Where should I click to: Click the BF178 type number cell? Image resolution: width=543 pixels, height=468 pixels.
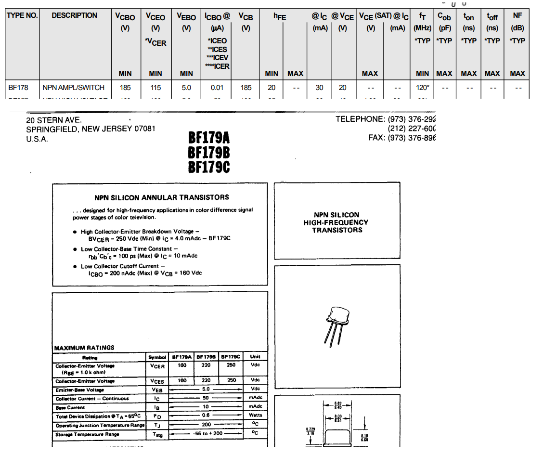click(18, 88)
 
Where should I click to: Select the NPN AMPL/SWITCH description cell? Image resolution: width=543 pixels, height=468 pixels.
click(74, 88)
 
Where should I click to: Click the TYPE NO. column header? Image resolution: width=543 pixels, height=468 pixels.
click(22, 15)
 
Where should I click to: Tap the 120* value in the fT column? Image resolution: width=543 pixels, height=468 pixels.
click(422, 88)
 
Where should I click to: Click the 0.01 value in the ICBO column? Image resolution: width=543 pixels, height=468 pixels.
click(217, 88)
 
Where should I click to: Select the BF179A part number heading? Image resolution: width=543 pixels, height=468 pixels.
click(209, 138)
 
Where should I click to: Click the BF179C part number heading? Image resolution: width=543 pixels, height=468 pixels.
click(209, 167)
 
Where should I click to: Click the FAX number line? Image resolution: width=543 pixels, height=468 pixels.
click(401, 138)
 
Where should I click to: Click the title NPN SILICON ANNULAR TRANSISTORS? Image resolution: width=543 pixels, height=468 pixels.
click(162, 197)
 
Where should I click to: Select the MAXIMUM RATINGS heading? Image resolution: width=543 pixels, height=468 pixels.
click(84, 348)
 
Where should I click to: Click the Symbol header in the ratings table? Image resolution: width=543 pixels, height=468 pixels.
click(157, 357)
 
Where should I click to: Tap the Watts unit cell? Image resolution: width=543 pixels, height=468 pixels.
click(255, 415)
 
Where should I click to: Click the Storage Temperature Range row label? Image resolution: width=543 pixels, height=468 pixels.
click(87, 435)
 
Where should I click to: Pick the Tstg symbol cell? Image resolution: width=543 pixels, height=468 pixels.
click(157, 434)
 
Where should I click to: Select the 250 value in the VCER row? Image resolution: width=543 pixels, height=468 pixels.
click(232, 365)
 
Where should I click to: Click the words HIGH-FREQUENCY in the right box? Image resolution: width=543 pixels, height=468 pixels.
click(336, 222)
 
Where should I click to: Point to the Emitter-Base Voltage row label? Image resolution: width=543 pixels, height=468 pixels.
click(79, 390)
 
